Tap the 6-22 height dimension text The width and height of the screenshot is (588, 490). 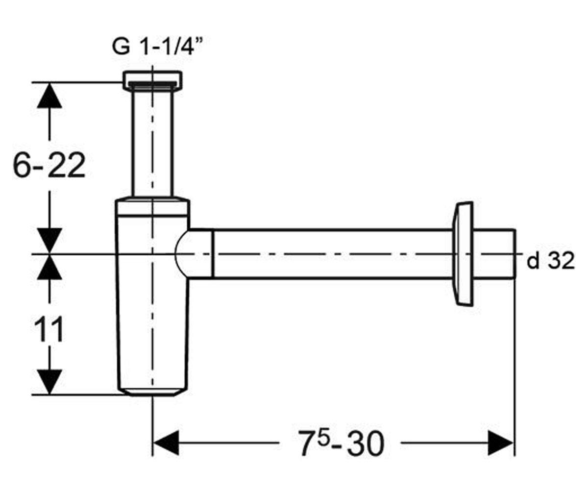click(x=49, y=165)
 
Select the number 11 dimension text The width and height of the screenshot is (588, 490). click(x=49, y=329)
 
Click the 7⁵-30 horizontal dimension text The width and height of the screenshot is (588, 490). click(x=341, y=443)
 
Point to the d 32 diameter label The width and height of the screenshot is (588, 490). click(x=550, y=261)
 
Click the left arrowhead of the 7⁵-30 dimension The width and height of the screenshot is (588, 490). click(x=166, y=443)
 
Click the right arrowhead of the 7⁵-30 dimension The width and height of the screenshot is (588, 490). click(x=500, y=443)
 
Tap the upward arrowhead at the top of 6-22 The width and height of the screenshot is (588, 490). click(x=49, y=95)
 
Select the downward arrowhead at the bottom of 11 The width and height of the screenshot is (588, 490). click(x=49, y=382)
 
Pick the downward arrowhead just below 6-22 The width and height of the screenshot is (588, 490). click(x=49, y=241)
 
